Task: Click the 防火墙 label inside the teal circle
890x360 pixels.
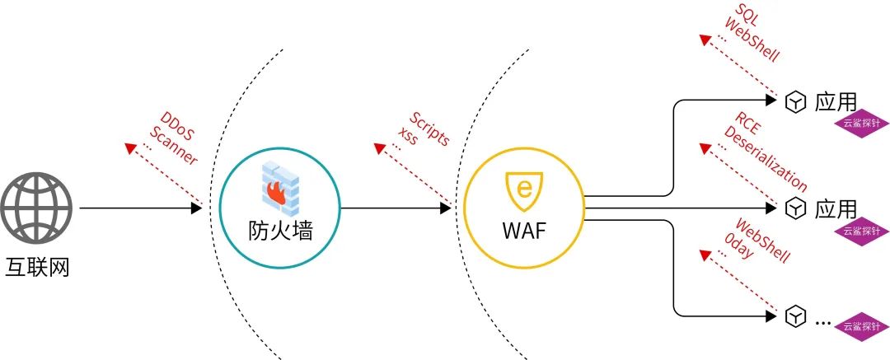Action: (280, 230)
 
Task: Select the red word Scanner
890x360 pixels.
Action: (174, 147)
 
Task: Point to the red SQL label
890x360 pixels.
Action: (747, 19)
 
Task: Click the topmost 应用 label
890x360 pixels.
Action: (836, 101)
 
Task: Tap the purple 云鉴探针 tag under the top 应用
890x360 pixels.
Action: (861, 124)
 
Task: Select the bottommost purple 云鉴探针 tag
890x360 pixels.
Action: (861, 326)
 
